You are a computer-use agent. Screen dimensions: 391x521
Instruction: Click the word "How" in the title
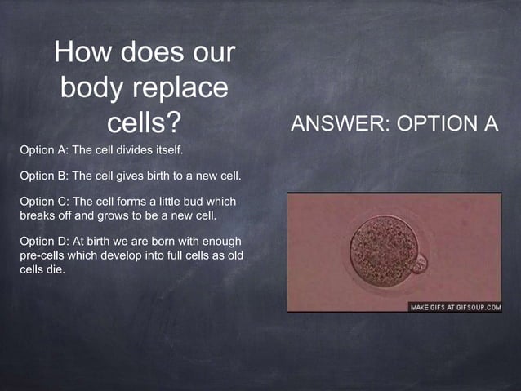(84, 55)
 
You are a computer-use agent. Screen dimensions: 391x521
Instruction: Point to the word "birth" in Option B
(158, 176)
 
